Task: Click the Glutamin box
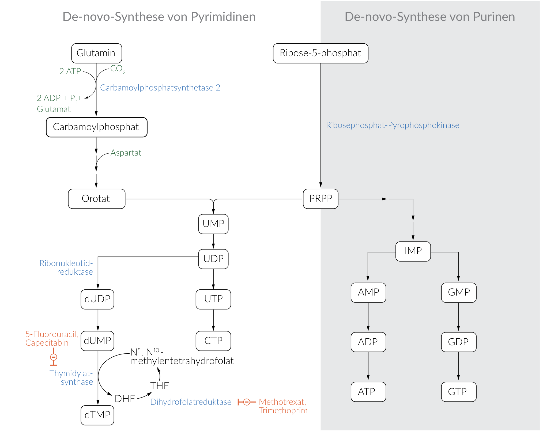tap(96, 53)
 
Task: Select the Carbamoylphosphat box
tap(96, 127)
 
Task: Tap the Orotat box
tap(96, 199)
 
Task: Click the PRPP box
tap(320, 199)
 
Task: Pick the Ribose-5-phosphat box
tap(320, 53)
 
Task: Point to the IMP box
tap(413, 251)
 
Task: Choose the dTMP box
tap(97, 415)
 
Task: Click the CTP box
tap(213, 341)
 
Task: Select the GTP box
tap(458, 392)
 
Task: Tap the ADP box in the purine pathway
tap(368, 342)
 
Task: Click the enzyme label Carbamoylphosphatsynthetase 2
tap(160, 88)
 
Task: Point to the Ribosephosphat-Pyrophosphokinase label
tap(392, 125)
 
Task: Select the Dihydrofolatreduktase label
tap(191, 402)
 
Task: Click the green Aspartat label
tap(126, 153)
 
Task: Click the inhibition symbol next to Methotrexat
tap(247, 402)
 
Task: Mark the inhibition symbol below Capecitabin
tap(54, 357)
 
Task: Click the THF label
tap(159, 386)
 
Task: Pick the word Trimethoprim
tap(283, 411)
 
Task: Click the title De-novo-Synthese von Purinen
tap(429, 17)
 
